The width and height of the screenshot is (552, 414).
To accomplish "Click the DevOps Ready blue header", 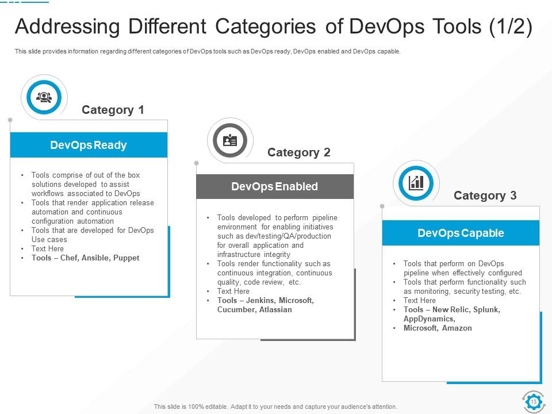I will click(89, 145).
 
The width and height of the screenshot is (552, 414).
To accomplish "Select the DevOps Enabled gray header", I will click(274, 186).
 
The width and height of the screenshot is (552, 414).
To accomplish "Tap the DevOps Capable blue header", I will click(461, 233).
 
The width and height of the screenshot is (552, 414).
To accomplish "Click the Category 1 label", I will click(113, 110).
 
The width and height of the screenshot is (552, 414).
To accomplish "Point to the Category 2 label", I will click(299, 152).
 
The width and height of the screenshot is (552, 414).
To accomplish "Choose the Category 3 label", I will click(485, 195).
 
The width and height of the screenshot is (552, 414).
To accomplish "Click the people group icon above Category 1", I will click(44, 97).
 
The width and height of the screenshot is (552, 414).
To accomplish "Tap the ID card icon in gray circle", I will click(230, 140).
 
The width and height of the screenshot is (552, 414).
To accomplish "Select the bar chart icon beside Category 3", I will click(416, 183).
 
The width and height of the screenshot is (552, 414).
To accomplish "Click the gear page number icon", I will click(533, 401).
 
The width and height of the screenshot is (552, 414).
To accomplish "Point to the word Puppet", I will click(126, 258).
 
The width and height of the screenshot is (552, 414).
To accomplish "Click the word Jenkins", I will click(259, 301).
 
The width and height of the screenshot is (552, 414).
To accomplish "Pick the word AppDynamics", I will click(429, 319).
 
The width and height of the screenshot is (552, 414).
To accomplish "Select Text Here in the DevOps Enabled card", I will click(233, 292).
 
